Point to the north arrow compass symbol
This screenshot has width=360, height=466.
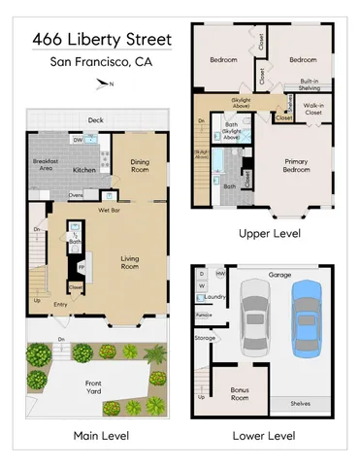[104, 85]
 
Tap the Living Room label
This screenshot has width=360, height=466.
[135, 262]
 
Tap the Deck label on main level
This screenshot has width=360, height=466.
[95, 120]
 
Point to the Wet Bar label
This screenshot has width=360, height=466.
[109, 209]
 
